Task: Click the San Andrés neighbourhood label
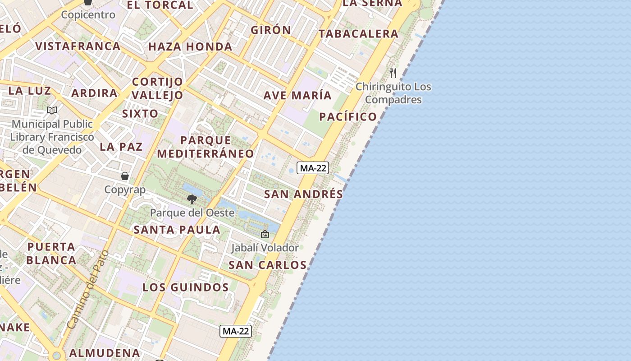click(303, 194)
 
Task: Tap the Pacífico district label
click(348, 117)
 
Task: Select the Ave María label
click(297, 96)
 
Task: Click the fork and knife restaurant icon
click(393, 73)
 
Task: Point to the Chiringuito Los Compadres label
click(393, 93)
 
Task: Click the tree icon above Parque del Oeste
click(192, 199)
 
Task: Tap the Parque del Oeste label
click(192, 213)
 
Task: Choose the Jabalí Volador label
click(265, 248)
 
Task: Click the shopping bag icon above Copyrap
click(125, 176)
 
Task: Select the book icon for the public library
click(52, 110)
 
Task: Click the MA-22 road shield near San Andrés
click(313, 168)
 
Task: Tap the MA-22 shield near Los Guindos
click(236, 331)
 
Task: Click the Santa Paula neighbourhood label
click(177, 230)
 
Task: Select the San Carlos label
click(267, 265)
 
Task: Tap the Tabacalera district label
click(358, 34)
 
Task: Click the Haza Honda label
click(190, 46)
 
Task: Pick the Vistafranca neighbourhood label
click(78, 46)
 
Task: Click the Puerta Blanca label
click(51, 253)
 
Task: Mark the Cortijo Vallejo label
click(158, 88)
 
